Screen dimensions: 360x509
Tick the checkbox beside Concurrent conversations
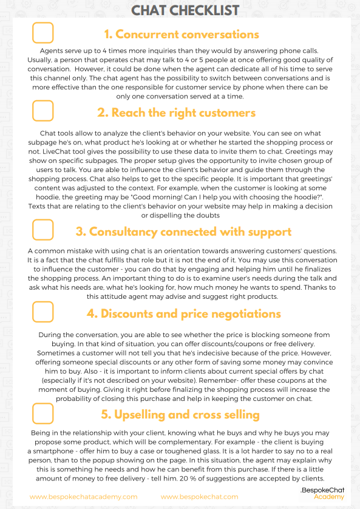[42, 33]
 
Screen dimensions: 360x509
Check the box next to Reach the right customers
[42, 111]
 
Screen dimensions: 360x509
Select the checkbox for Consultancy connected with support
[42, 231]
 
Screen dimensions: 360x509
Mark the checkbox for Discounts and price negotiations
[42, 312]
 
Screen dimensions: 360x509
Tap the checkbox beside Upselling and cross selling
[42, 414]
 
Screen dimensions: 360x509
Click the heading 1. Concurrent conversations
[181, 34]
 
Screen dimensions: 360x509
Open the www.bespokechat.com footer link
[199, 496]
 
